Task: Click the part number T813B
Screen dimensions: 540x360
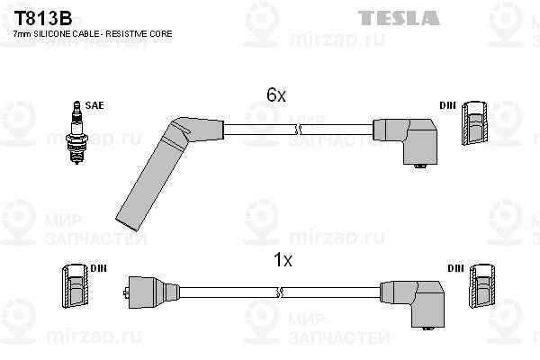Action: [x=42, y=19]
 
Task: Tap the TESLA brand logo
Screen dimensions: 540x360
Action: [x=399, y=18]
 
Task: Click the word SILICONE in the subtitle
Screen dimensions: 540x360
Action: [x=51, y=34]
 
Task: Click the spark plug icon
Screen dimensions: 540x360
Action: [x=76, y=132]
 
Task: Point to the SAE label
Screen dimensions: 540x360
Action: [x=94, y=105]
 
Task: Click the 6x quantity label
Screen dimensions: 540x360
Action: [x=276, y=94]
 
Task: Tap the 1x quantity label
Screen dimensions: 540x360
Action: [x=283, y=260]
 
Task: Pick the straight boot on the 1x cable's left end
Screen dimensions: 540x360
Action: [x=151, y=292]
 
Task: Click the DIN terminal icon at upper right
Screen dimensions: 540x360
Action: [x=474, y=122]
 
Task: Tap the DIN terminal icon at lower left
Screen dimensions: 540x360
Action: [x=75, y=285]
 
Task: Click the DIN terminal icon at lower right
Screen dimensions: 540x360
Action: [x=482, y=285]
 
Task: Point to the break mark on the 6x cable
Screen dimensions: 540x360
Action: [x=298, y=130]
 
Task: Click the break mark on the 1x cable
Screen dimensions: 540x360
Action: [x=280, y=292]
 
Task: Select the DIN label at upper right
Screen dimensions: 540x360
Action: [x=447, y=105]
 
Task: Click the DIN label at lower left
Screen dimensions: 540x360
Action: [x=98, y=268]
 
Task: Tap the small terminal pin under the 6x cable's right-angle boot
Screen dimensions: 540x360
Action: [x=419, y=166]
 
